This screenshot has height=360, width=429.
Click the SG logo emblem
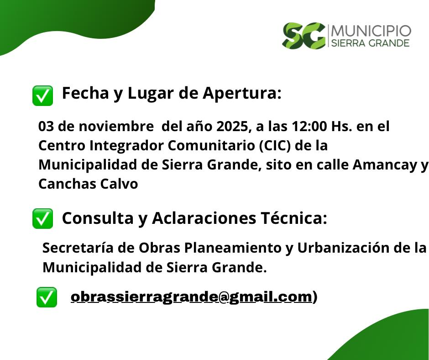pos(303,36)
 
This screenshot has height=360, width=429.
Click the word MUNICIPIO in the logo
pos(371,31)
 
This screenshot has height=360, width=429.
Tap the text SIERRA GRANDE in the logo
pos(371,43)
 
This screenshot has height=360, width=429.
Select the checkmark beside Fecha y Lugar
pos(43,95)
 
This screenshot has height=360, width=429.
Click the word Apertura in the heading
pos(242,93)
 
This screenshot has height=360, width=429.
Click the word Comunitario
pos(211,145)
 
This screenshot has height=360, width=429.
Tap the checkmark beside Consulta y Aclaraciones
pos(43,218)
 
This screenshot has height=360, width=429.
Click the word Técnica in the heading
pos(294,218)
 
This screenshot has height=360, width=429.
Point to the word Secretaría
pos(78,248)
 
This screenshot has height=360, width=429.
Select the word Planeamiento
pos(233,248)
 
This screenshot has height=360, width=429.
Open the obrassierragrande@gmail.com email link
pos(192,296)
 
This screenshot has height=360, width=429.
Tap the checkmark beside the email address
pos(47,297)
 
